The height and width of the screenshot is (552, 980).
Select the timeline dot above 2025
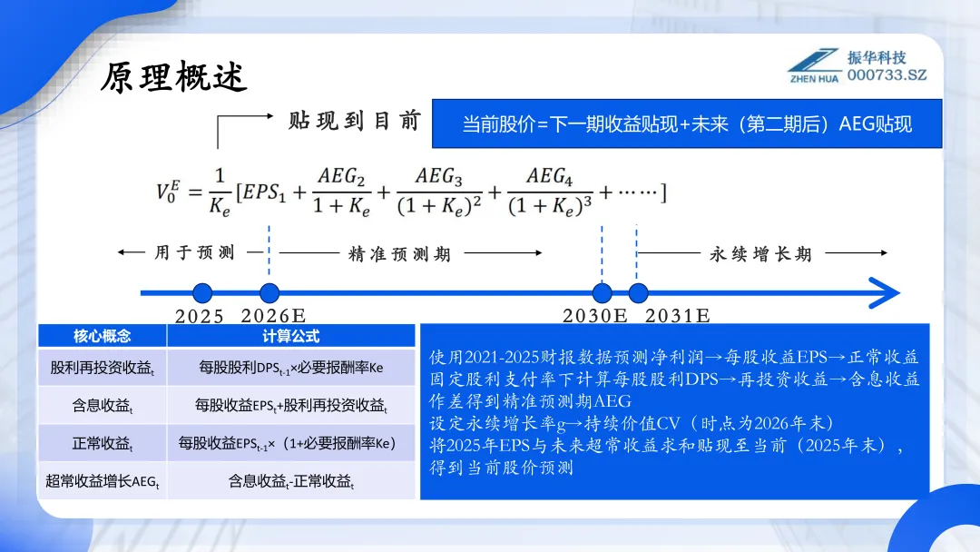point(203,293)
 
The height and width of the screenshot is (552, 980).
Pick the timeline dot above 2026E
point(269,293)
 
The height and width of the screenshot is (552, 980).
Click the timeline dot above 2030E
point(603,293)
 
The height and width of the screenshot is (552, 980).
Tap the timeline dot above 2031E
point(638,293)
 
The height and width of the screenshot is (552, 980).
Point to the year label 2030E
point(595,316)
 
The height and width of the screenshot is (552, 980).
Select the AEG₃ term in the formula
point(440,177)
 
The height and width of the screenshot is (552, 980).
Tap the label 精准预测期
point(399,254)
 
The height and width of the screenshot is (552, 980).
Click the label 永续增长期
point(760,254)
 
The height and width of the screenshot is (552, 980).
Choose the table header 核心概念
point(102,336)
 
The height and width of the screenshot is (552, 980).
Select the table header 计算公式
point(291,336)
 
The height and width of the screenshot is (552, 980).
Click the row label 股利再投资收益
point(102,369)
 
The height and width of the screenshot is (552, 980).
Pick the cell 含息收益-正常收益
point(291,481)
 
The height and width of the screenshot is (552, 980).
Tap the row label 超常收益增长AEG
point(102,481)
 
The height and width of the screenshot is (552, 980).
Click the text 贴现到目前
point(355,121)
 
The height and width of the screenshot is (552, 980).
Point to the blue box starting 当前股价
point(687,124)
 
